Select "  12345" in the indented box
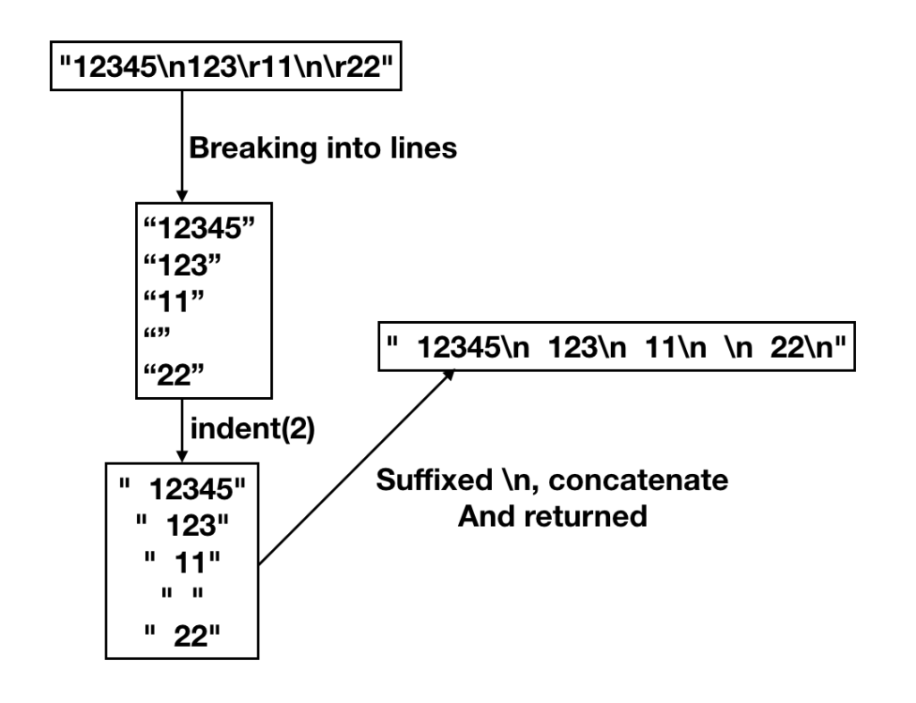[x=189, y=490]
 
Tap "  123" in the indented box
[x=189, y=526]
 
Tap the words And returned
[x=552, y=517]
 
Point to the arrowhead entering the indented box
[x=183, y=453]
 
